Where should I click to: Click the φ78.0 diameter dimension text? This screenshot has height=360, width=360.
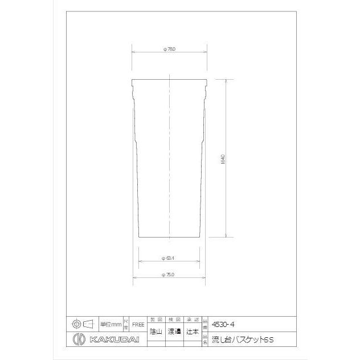pyautogui.click(x=169, y=50)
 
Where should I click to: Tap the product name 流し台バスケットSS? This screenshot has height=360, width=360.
pyautogui.click(x=242, y=340)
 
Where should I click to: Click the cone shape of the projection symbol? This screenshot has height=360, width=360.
pyautogui.click(x=88, y=324)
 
